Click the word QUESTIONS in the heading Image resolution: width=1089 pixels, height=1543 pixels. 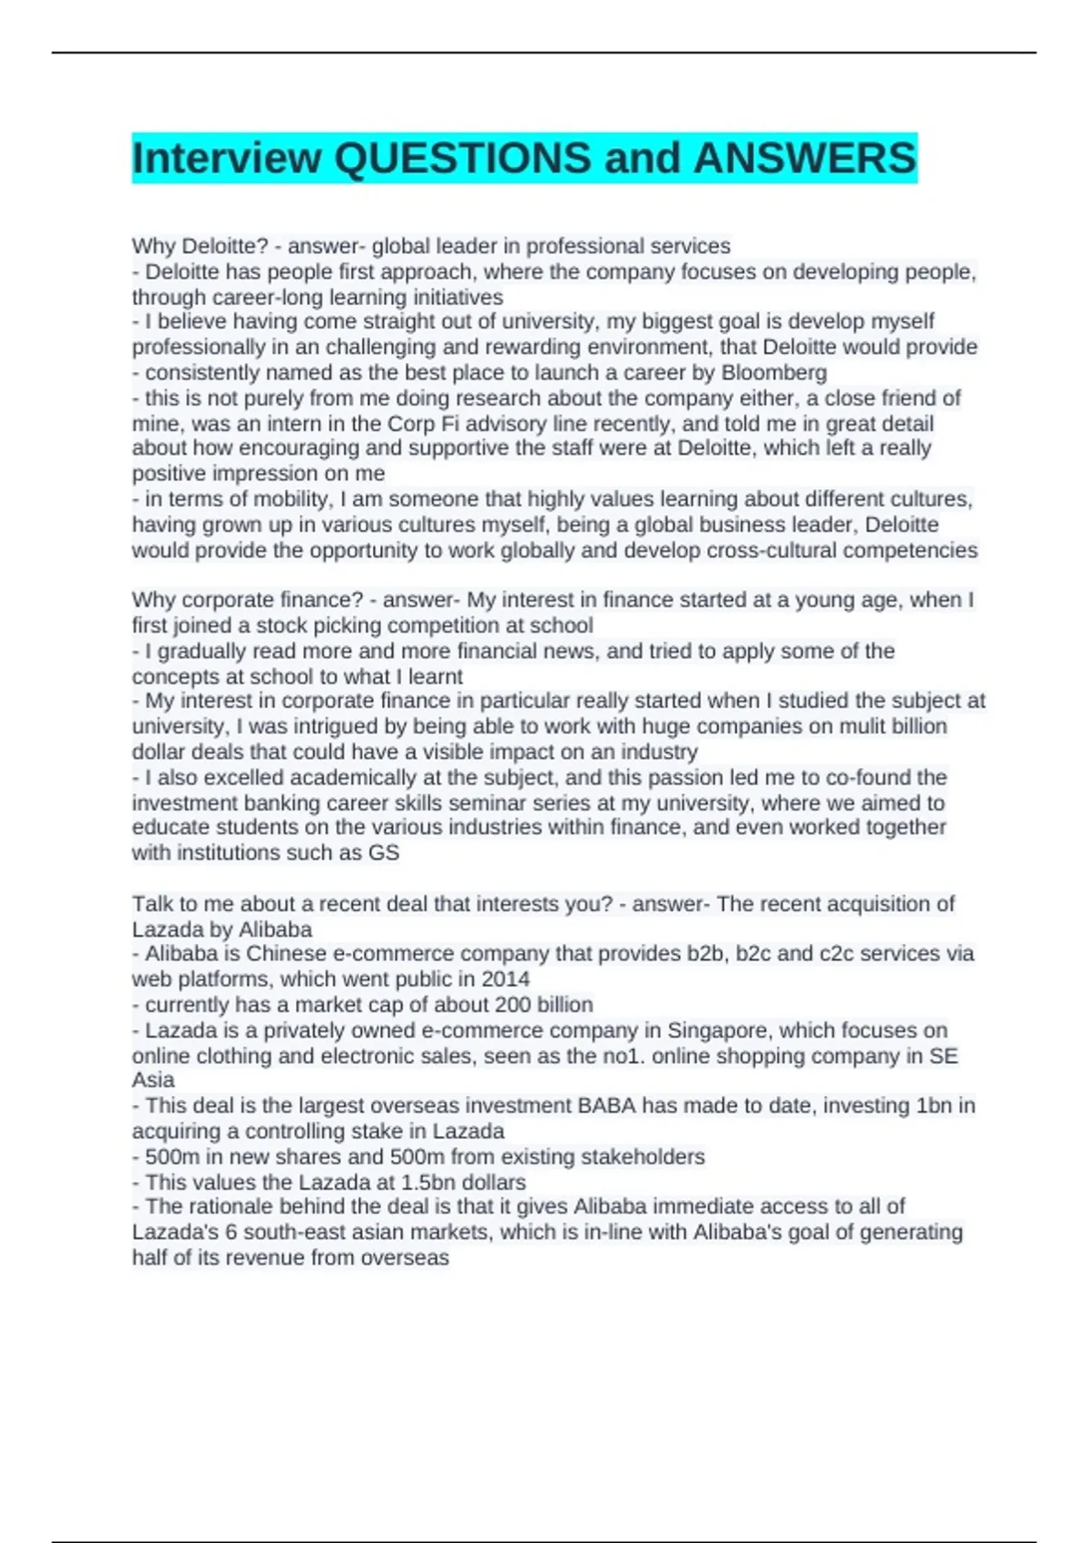click(463, 158)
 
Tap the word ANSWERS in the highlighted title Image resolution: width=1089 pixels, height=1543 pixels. click(805, 158)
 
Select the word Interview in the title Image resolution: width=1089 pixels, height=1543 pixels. click(226, 158)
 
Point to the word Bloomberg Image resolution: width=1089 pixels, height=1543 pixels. click(774, 372)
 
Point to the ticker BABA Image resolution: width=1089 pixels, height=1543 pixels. click(607, 1106)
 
